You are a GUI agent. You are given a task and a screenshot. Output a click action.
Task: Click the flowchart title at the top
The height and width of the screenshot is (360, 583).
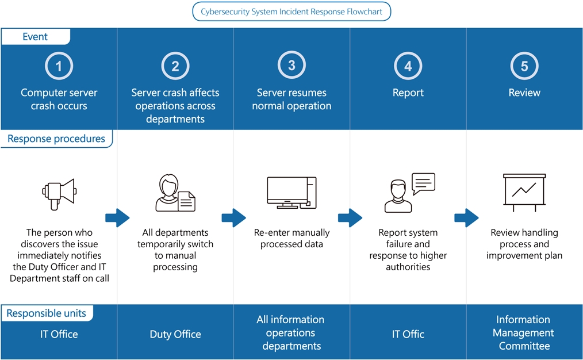pyautogui.click(x=291, y=12)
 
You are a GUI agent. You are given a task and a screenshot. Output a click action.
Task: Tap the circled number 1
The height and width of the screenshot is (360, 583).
pyautogui.click(x=59, y=66)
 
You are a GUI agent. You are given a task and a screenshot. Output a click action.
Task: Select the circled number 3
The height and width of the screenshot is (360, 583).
pyautogui.click(x=291, y=66)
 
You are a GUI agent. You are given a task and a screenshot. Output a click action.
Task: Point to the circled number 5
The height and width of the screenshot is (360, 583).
pyautogui.click(x=524, y=66)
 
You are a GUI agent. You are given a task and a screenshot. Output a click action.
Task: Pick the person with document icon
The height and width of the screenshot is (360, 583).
pyautogui.click(x=175, y=194)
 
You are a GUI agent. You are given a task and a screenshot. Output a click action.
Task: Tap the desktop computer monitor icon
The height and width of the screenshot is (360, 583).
pyautogui.click(x=291, y=192)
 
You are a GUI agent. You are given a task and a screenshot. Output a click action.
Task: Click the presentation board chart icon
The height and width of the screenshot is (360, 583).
pyautogui.click(x=524, y=192)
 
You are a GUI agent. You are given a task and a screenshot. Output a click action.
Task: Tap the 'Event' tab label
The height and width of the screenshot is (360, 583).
pyautogui.click(x=35, y=37)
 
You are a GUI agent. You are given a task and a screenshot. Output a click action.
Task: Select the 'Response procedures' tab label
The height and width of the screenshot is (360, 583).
pyautogui.click(x=56, y=139)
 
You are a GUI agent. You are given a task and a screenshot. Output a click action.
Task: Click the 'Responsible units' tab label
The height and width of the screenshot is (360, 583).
pyautogui.click(x=47, y=313)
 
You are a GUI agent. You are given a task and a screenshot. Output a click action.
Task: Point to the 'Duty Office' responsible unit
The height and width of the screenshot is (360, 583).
pyautogui.click(x=175, y=334)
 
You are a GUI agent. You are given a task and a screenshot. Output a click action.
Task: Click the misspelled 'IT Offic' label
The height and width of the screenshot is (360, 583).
pyautogui.click(x=408, y=334)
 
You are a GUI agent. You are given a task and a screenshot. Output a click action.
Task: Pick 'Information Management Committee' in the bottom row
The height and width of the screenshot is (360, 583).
pyautogui.click(x=524, y=333)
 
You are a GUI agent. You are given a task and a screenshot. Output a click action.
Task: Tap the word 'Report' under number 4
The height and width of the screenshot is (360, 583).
pyautogui.click(x=408, y=93)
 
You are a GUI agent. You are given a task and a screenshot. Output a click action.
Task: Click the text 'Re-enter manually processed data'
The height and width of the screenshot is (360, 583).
pyautogui.click(x=291, y=239)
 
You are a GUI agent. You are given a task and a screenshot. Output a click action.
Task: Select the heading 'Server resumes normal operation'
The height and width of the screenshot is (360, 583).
pyautogui.click(x=291, y=99)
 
